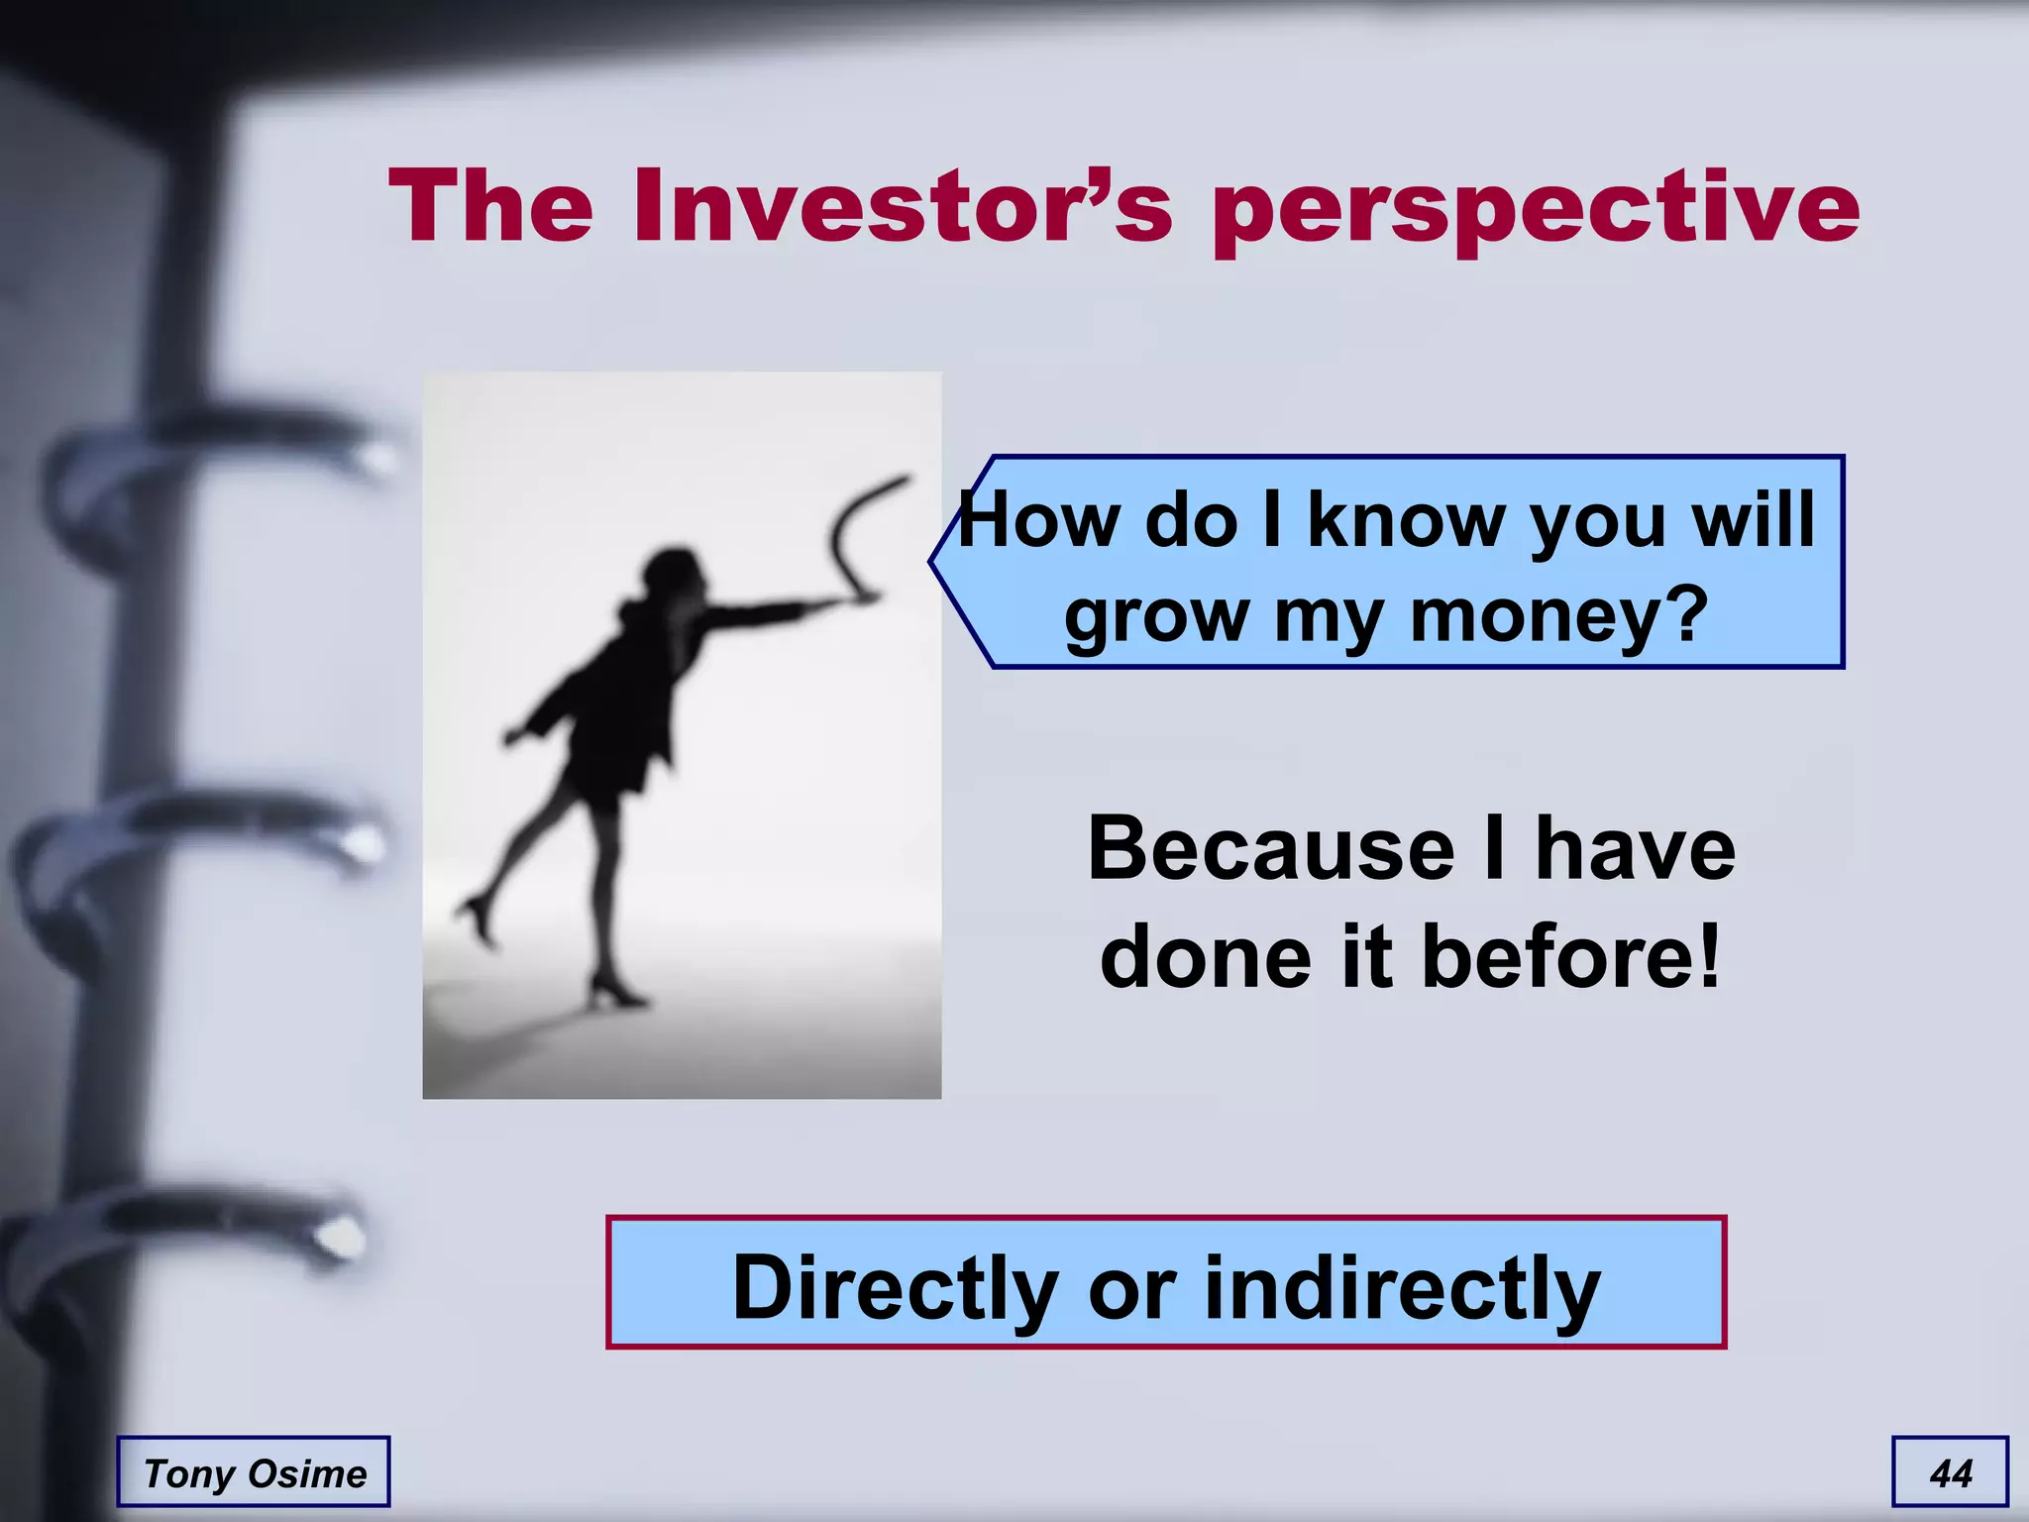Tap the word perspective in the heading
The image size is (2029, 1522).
[1536, 208]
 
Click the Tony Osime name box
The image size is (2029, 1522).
[254, 1472]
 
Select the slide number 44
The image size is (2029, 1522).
[1950, 1472]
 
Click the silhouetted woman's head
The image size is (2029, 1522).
[674, 573]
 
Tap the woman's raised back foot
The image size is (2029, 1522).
[478, 917]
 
